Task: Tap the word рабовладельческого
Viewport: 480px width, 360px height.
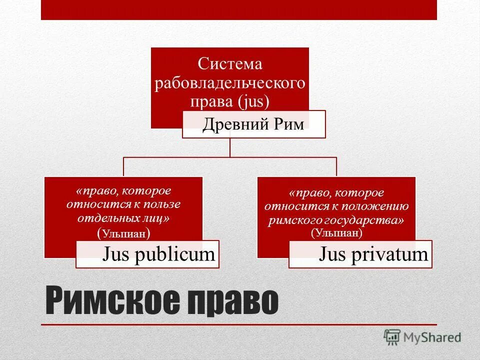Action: coord(230,82)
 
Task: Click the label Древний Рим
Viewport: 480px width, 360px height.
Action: coord(253,124)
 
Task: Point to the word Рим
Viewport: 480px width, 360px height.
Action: coord(288,124)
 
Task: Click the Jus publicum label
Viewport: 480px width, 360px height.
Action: coord(158,254)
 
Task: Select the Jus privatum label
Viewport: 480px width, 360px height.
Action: coord(373,254)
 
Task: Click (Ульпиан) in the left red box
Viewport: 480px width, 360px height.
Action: coord(123,233)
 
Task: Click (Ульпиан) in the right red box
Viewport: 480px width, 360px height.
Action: coord(336,232)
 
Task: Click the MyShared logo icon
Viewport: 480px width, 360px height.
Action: coord(392,337)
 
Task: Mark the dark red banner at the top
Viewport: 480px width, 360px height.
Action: coord(239,10)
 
